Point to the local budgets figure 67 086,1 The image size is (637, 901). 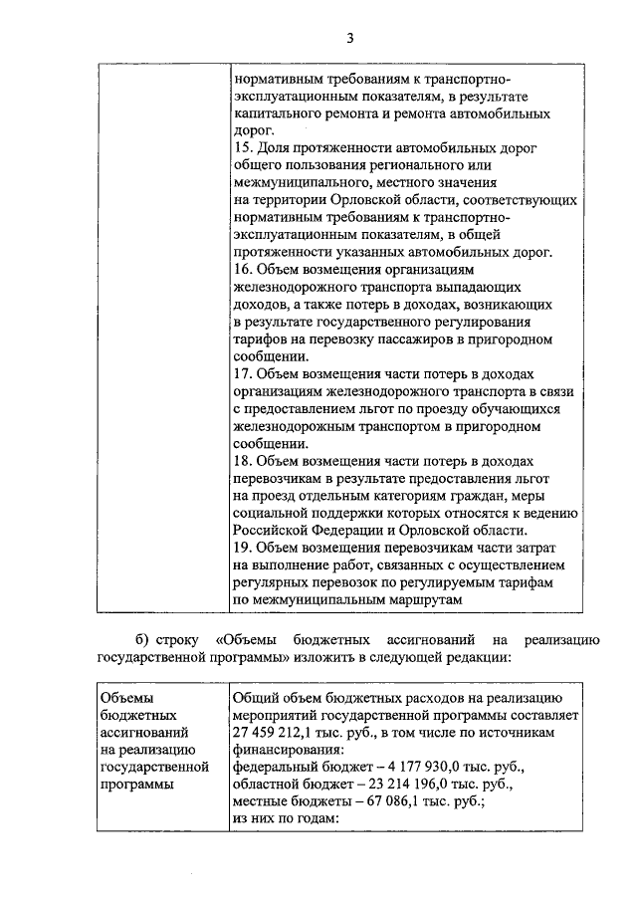click(380, 802)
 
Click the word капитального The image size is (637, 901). click(275, 113)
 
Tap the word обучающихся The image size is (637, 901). click(518, 409)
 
